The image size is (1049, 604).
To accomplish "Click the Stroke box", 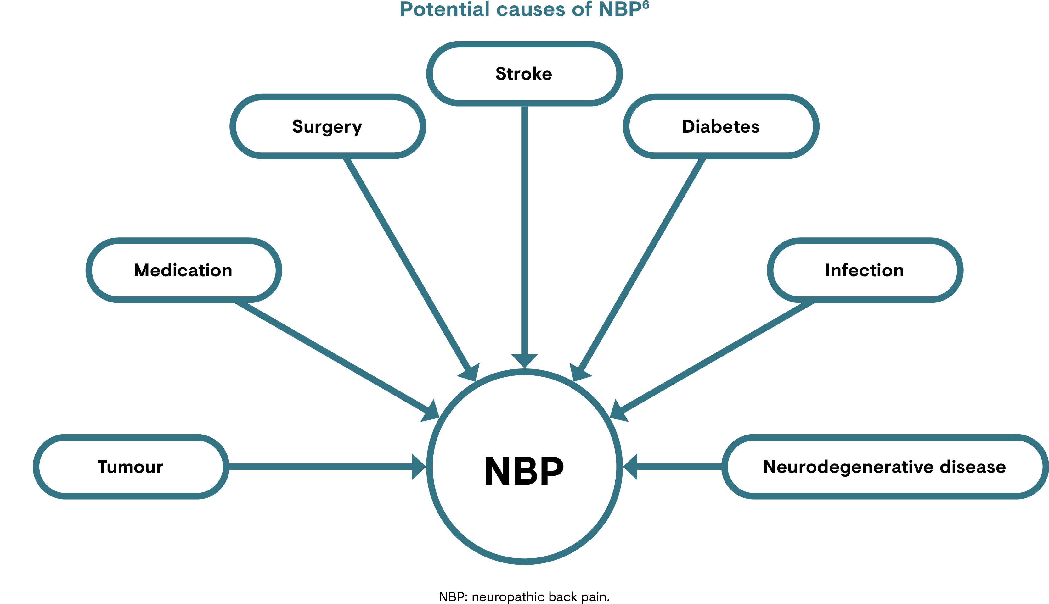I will point(524,74).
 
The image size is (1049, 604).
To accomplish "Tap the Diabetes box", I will point(721,126).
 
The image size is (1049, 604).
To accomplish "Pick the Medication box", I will point(183,270).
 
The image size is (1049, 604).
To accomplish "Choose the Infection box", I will point(865,270).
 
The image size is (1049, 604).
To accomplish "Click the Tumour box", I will point(131,467).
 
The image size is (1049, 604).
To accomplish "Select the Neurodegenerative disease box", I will point(884,467).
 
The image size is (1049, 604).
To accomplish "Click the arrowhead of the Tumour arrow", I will point(418,467).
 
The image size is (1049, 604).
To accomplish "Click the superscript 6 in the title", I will point(645,5).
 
